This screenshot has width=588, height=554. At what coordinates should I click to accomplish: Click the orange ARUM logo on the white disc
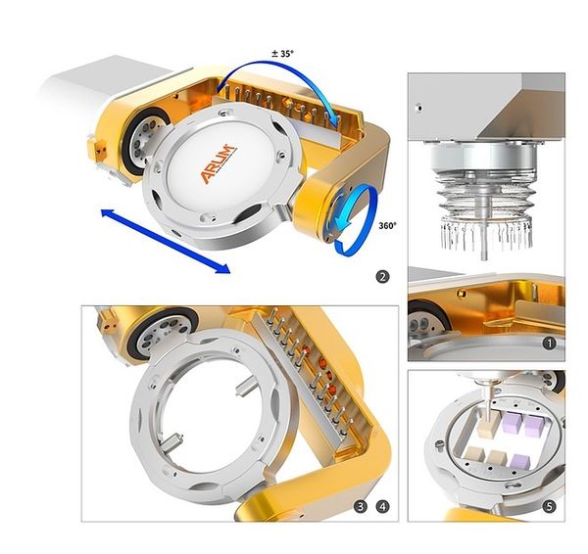[219, 163]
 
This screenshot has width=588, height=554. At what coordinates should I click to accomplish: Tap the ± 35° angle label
[283, 53]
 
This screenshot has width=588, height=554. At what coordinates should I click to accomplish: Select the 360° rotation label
[387, 225]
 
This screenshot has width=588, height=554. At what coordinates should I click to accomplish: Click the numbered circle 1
[550, 344]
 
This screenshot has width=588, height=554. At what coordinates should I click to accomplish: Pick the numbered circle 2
[382, 277]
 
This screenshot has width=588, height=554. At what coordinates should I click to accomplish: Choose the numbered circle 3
[361, 507]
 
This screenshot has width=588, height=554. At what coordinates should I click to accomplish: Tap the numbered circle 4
[382, 507]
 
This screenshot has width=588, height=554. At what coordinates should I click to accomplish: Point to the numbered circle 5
[550, 507]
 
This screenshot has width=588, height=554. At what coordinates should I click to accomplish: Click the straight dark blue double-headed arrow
[166, 241]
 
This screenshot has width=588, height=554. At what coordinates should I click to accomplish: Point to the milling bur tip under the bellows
[484, 256]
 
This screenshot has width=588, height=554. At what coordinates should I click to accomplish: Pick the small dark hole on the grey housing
[419, 109]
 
